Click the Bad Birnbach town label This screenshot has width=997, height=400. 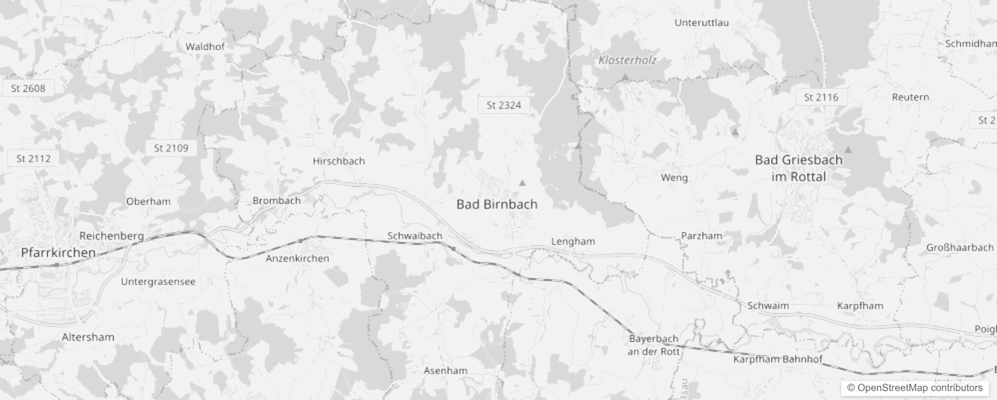(497, 204)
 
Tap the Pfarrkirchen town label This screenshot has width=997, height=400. (58, 252)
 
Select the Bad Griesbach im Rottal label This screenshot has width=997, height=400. (798, 168)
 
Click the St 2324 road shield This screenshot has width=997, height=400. (503, 105)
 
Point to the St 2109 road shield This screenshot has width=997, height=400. (171, 148)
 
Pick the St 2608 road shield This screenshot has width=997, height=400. (28, 88)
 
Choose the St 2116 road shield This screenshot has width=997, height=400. (821, 97)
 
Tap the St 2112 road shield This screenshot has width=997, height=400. (33, 158)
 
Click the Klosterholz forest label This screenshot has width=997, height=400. (627, 60)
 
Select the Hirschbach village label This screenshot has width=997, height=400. (339, 161)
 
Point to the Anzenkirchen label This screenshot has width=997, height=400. (297, 258)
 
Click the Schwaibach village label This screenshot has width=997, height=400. (415, 235)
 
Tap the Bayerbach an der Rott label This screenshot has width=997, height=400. (653, 344)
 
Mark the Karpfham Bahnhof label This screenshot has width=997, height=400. (777, 359)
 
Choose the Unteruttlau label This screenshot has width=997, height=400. (701, 22)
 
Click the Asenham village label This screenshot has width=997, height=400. (446, 370)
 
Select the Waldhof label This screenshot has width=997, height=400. (205, 46)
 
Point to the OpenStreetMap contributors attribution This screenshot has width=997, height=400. (915, 387)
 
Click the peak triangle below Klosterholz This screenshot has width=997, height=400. (625, 77)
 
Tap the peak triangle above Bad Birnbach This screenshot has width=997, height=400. (522, 183)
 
